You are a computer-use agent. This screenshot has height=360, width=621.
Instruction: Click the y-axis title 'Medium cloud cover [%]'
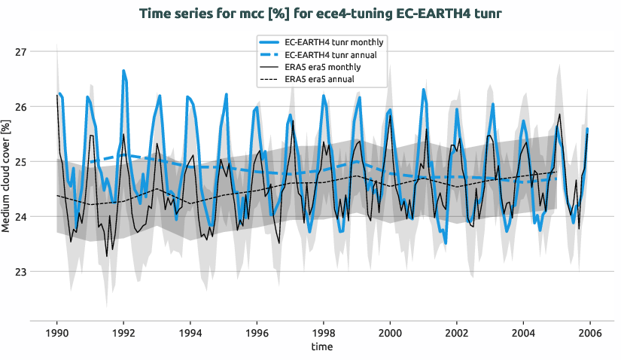click(7, 178)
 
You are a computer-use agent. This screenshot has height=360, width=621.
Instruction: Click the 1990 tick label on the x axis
click(57, 332)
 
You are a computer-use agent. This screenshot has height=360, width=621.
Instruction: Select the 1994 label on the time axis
click(190, 332)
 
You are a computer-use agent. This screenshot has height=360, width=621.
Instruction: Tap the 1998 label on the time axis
click(324, 332)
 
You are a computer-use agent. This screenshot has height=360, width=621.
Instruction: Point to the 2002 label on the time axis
click(457, 332)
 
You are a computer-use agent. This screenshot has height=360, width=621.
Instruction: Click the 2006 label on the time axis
click(589, 332)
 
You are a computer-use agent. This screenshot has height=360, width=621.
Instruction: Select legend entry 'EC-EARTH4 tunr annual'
click(330, 55)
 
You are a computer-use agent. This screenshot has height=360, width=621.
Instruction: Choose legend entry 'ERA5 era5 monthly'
click(324, 67)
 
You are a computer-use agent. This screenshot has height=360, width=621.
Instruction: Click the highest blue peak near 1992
click(123, 71)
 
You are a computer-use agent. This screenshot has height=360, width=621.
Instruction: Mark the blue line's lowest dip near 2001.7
click(446, 243)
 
